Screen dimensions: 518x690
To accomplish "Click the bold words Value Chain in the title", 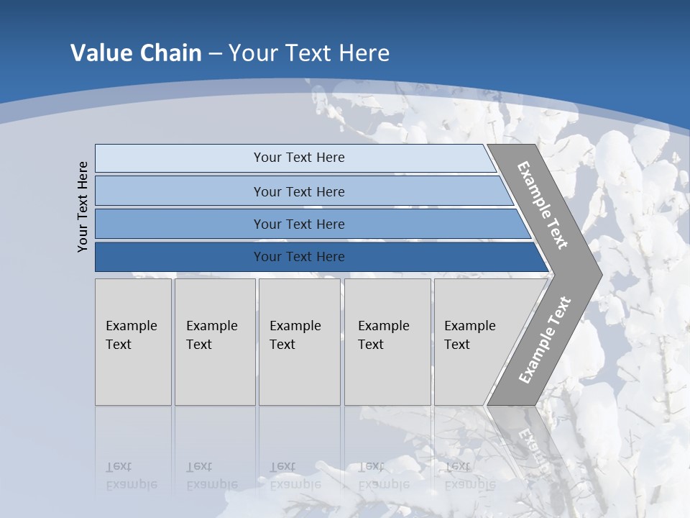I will [x=136, y=53].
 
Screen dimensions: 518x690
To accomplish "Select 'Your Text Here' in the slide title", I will [x=309, y=53].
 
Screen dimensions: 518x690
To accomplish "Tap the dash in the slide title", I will [x=215, y=54].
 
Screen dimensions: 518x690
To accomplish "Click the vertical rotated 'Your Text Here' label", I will [x=83, y=206].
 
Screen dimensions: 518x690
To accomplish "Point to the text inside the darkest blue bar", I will [x=299, y=257].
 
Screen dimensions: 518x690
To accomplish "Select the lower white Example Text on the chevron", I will [x=544, y=340].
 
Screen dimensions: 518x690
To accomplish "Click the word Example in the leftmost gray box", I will [x=131, y=326].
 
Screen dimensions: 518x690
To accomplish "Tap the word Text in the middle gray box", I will [x=282, y=345].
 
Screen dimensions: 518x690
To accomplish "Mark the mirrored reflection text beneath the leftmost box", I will [x=131, y=475].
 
